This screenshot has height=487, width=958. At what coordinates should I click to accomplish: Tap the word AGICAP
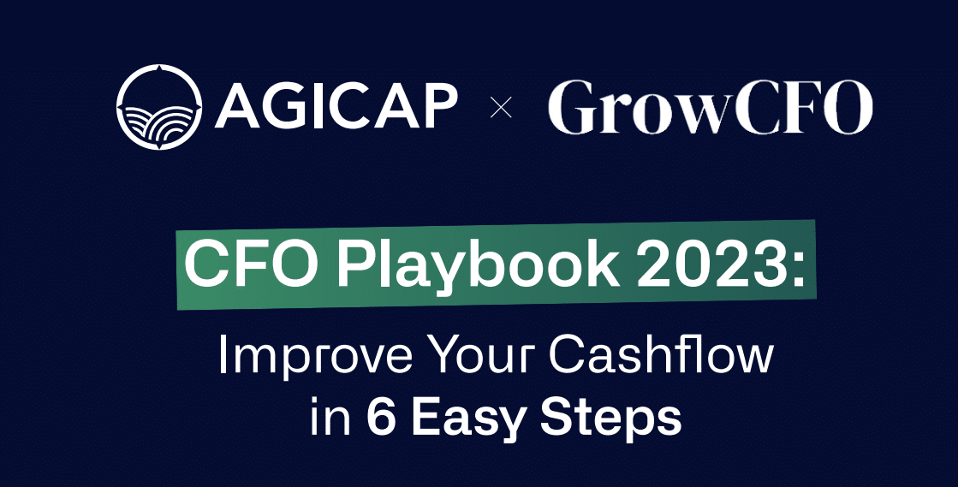pos(336,108)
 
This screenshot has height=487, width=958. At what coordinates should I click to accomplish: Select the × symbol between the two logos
pos(501,109)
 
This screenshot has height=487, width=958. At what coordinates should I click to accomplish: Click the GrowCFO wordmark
pos(710,109)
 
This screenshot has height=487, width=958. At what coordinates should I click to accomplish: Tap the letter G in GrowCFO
pos(574,109)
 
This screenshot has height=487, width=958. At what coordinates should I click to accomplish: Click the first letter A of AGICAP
pos(235,108)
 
